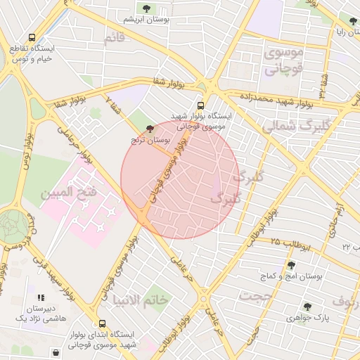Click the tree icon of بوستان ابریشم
146,9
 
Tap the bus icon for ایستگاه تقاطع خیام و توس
31,37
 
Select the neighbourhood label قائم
114,39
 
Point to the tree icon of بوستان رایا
352,21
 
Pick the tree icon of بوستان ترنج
148,128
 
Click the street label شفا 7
113,103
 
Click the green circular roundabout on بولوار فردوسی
12,224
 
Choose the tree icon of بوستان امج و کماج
291,265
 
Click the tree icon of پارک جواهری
307,307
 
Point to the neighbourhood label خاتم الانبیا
140,300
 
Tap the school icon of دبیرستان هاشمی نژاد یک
40,297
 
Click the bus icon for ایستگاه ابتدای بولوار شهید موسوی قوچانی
103,324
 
